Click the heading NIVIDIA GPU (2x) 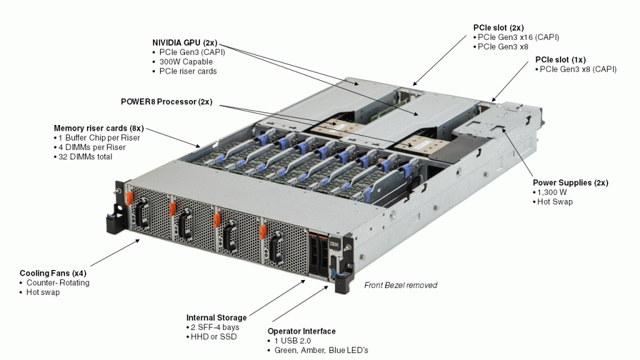(x=185, y=42)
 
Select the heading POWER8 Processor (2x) (x=166, y=101)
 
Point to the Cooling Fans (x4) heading (x=52, y=273)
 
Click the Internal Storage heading (x=216, y=317)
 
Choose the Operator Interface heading (x=301, y=331)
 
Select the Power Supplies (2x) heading (x=570, y=182)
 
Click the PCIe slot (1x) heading (x=561, y=59)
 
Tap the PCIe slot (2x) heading (x=498, y=27)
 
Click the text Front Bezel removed (x=401, y=285)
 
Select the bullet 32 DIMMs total (x=86, y=157)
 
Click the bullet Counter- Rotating (x=57, y=282)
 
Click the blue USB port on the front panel (x=333, y=275)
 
